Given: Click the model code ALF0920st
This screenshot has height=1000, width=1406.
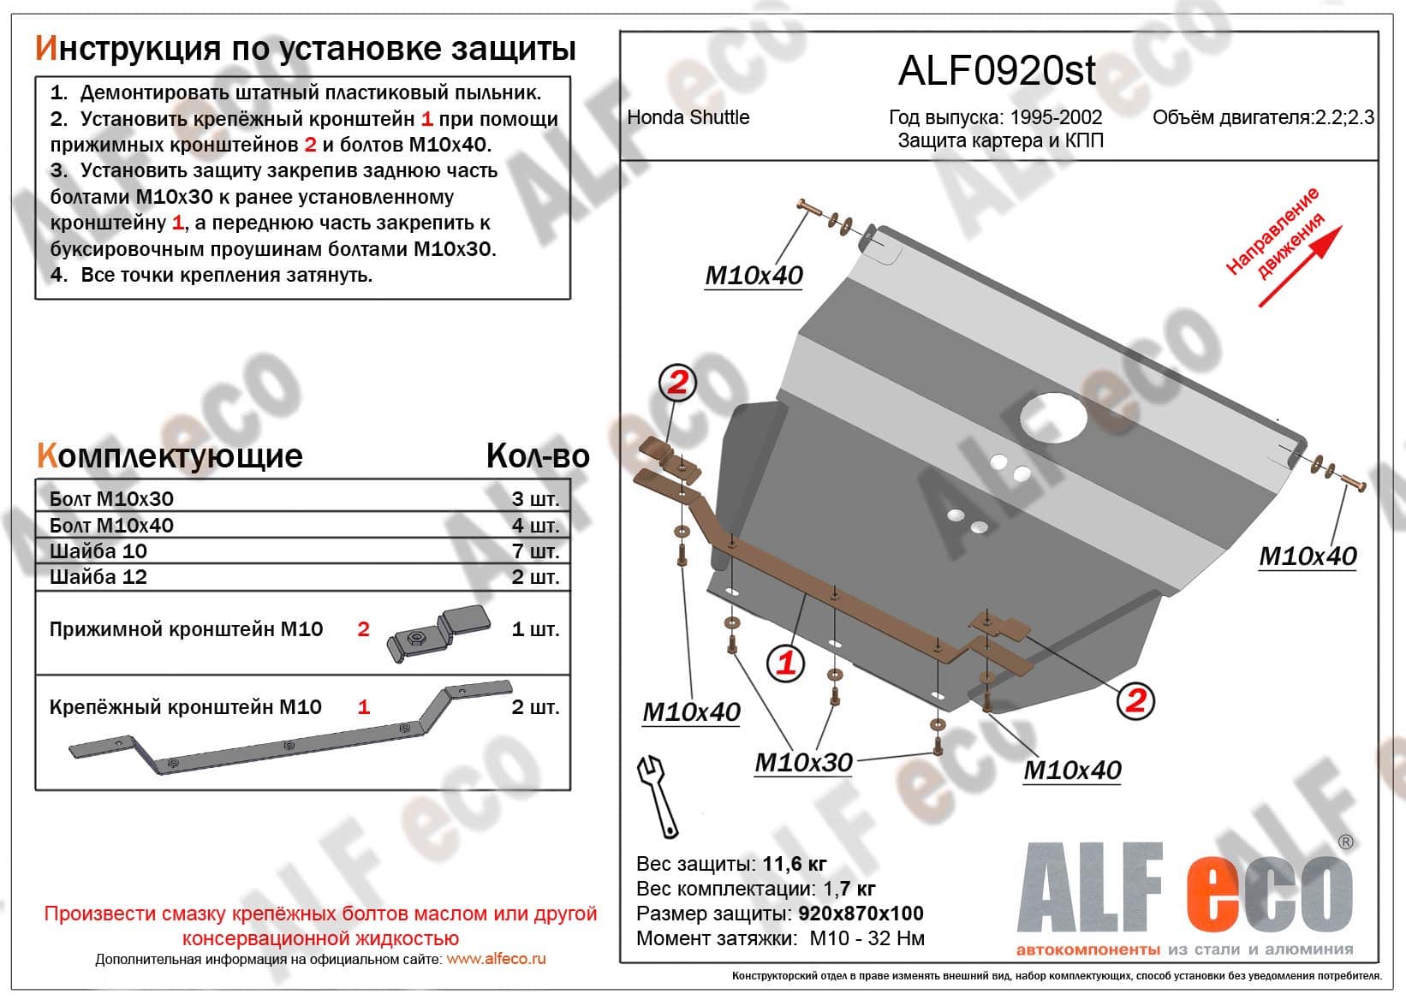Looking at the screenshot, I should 996,71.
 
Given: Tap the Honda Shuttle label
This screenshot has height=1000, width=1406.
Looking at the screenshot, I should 688,117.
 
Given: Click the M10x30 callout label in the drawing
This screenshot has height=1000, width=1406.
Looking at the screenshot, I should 803,762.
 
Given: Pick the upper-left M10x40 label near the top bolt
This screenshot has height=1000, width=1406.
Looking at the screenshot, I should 754,276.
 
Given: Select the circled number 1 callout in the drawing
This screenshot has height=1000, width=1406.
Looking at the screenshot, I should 785,663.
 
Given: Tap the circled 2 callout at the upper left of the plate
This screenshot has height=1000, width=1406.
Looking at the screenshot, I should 676,383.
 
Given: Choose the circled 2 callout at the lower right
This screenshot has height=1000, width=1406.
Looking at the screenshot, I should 1135,700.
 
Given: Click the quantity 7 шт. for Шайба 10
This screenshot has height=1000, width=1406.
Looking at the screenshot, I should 535,551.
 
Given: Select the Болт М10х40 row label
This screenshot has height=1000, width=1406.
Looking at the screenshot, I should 111,526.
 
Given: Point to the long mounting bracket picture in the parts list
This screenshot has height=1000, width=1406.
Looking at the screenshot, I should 291,728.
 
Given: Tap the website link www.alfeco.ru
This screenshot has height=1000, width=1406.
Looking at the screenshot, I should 496,960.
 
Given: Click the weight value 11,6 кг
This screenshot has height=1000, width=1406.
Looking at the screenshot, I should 794,864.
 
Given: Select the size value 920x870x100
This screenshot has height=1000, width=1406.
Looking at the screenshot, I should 861,914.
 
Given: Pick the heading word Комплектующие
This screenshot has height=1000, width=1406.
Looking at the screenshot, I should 170,456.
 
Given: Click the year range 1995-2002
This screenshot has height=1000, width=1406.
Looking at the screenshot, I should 1055,117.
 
